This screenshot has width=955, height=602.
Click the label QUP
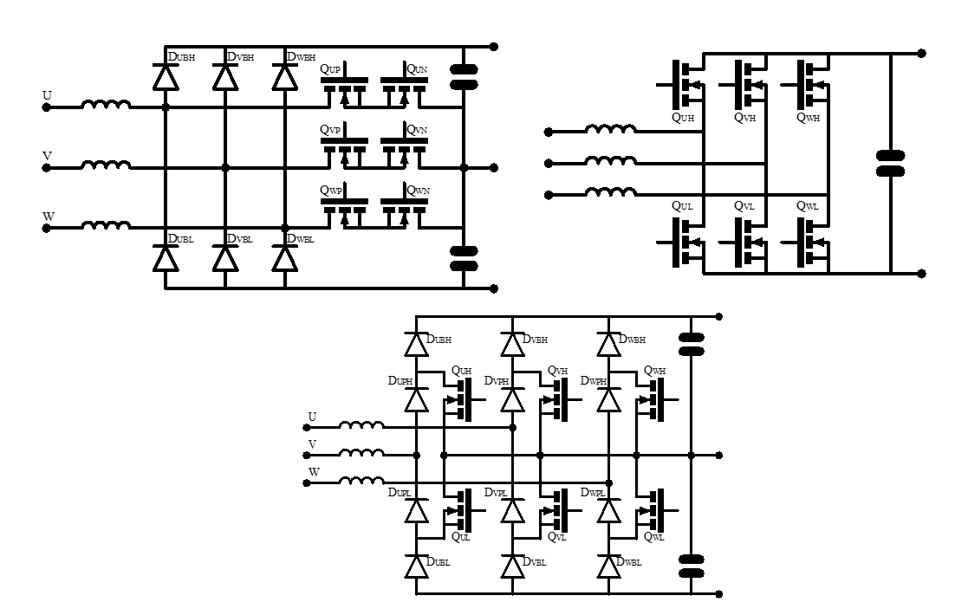point(331,68)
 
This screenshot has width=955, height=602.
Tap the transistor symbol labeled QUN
point(405,87)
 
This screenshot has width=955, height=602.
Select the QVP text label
point(330,130)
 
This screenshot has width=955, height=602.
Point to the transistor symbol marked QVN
point(405,148)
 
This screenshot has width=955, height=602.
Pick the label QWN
point(418,191)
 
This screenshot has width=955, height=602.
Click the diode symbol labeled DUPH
point(417,399)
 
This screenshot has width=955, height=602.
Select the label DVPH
point(496,381)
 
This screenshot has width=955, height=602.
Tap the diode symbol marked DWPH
point(609,399)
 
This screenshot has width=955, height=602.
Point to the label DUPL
point(400,492)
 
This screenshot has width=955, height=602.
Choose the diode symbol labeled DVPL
point(513,510)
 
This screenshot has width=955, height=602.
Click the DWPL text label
point(593,492)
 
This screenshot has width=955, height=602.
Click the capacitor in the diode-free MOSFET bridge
point(891,163)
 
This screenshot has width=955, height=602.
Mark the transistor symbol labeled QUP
point(344,87)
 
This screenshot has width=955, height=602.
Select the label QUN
point(418,68)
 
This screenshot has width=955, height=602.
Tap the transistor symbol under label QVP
point(344,148)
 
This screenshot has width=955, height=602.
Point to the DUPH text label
point(400,381)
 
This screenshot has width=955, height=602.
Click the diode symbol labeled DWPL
point(609,510)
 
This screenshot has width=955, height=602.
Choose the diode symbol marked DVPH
point(513,399)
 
